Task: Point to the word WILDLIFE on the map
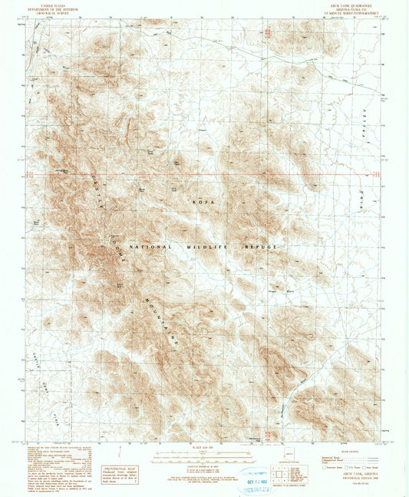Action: pyautogui.click(x=202, y=247)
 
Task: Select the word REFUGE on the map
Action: pyautogui.click(x=259, y=247)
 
